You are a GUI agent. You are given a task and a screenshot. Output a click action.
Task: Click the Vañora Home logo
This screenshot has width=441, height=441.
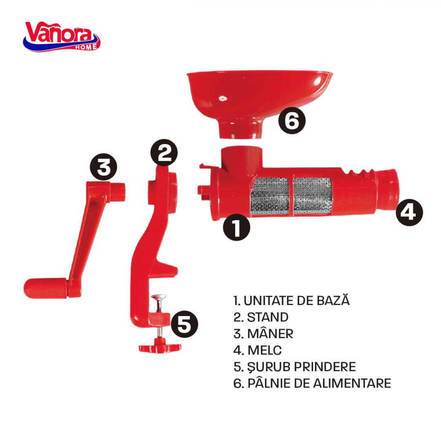pyautogui.click(x=62, y=37)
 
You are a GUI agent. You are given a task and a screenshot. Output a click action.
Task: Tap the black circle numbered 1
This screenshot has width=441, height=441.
pyautogui.click(x=236, y=227)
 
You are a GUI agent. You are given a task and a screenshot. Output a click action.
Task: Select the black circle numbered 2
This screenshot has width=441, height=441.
pyautogui.click(x=164, y=152)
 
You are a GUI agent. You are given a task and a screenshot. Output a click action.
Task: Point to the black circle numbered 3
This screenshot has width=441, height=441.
pyautogui.click(x=103, y=167)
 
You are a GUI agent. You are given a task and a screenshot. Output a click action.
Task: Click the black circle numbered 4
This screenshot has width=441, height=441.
pyautogui.click(x=410, y=212)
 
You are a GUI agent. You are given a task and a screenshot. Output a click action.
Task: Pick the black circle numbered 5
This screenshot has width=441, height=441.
pyautogui.click(x=185, y=324)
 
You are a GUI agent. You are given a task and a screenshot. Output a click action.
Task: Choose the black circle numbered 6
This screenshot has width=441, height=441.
pyautogui.click(x=292, y=120)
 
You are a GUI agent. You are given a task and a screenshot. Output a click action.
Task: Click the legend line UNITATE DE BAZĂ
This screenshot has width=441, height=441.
pyautogui.click(x=292, y=300)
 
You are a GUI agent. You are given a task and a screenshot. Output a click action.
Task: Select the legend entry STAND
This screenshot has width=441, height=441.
pyautogui.click(x=261, y=317)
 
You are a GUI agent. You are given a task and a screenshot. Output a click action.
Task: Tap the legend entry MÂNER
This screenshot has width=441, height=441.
pyautogui.click(x=263, y=334)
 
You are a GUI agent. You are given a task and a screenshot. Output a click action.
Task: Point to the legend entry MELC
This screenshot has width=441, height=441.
pyautogui.click(x=257, y=350)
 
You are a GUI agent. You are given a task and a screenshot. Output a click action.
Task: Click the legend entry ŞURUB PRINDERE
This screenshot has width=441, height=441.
pyautogui.click(x=294, y=367)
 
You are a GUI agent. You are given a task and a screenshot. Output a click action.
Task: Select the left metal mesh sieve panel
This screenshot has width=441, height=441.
pyautogui.click(x=269, y=196)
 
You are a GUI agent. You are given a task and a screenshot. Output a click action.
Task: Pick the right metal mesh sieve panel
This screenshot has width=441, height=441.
pyautogui.click(x=312, y=195)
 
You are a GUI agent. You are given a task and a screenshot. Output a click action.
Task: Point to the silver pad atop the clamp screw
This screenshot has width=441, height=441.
pyautogui.click(x=158, y=297)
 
